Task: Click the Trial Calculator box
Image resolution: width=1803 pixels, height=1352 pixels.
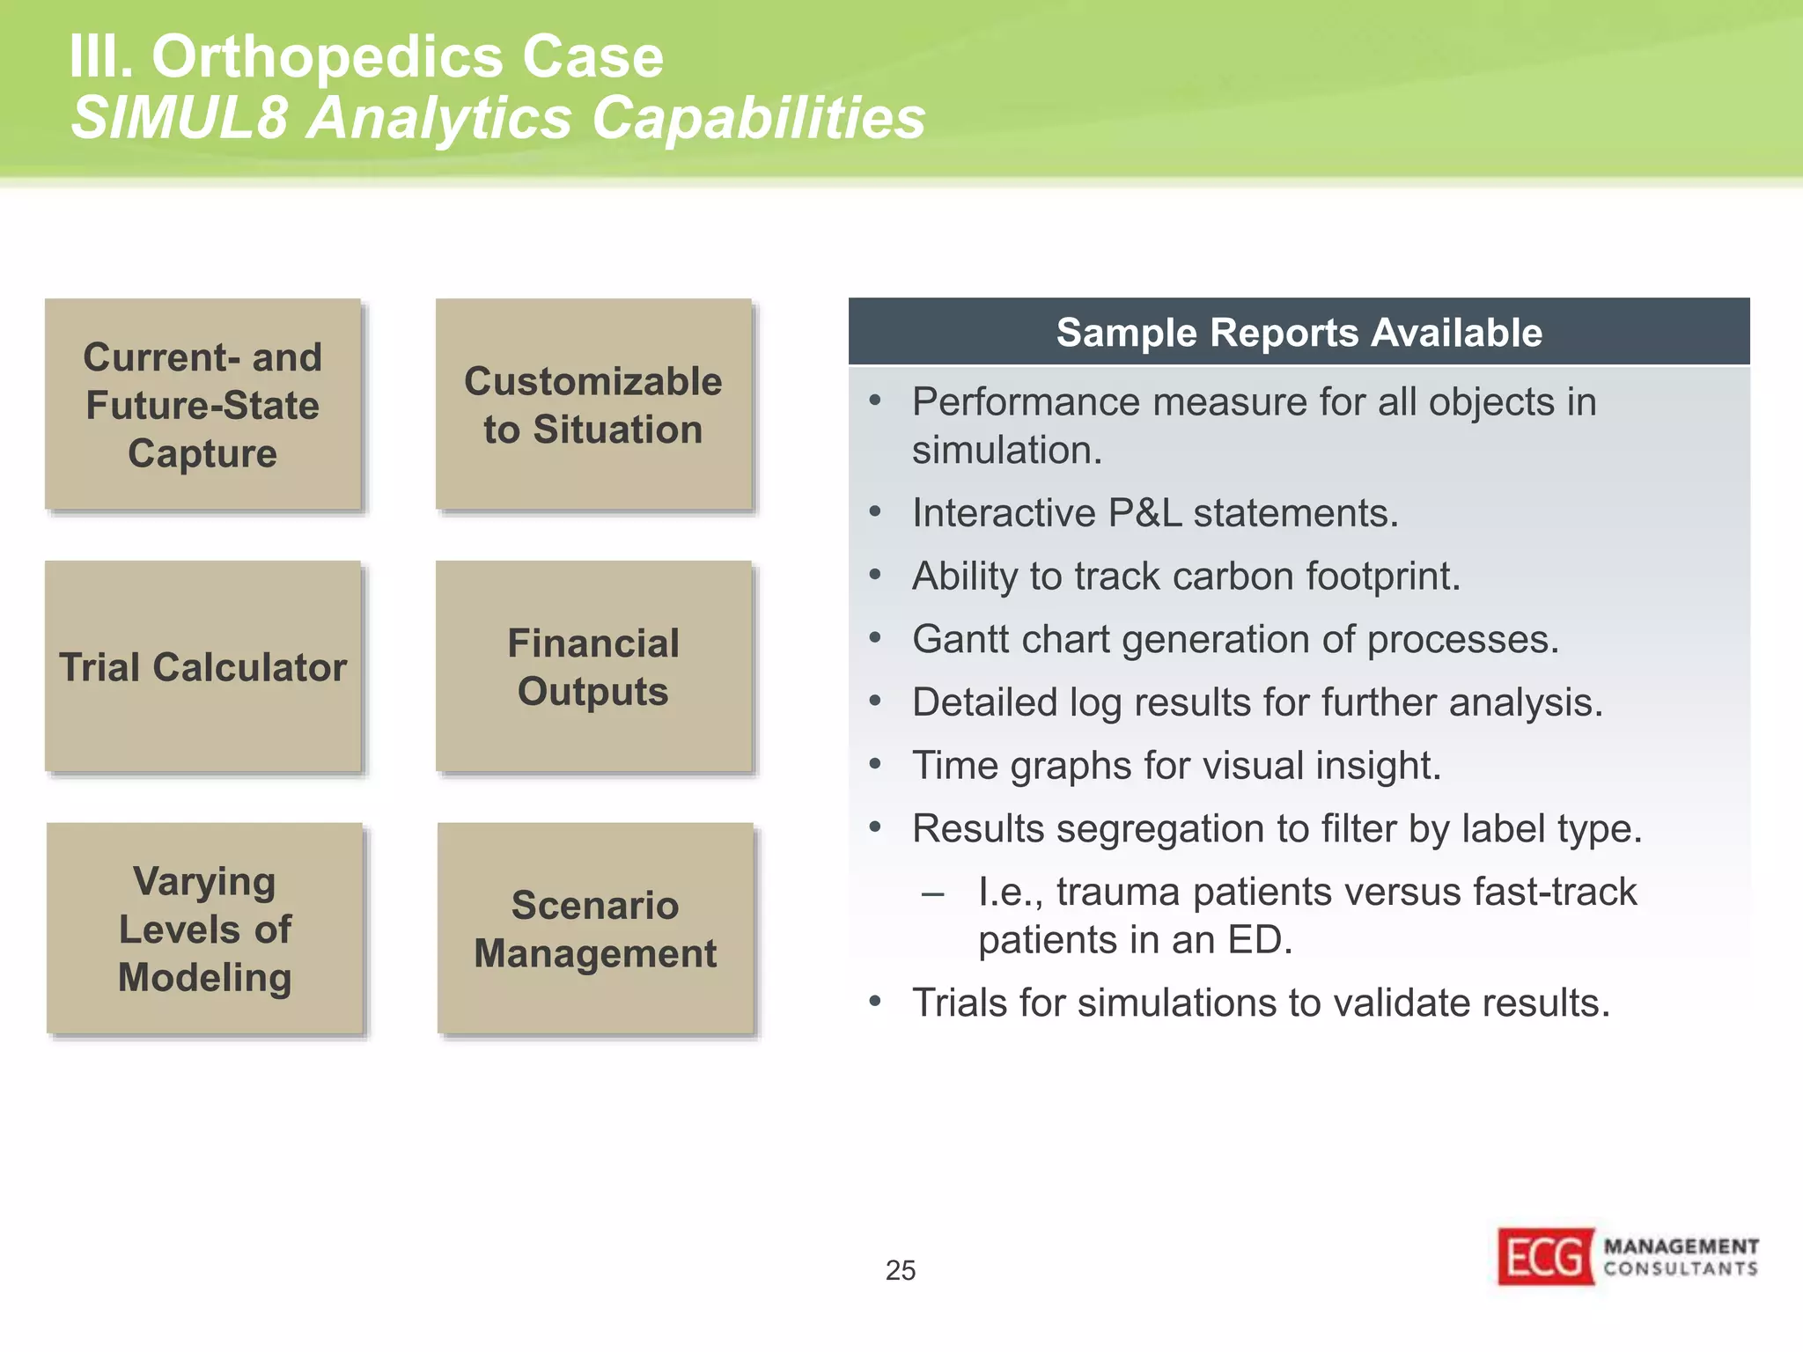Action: tap(203, 666)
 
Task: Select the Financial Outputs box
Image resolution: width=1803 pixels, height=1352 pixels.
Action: tap(593, 666)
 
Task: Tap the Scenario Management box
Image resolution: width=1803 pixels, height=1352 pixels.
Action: tap(595, 929)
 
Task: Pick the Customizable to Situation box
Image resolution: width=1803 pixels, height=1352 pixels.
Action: tap(593, 404)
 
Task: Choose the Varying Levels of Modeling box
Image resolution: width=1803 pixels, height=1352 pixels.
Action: tap(204, 929)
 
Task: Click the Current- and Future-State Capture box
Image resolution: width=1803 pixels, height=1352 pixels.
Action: tap(203, 404)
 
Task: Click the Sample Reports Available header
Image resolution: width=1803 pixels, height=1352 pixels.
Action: tap(1299, 333)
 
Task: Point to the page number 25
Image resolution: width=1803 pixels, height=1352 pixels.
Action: tap(900, 1270)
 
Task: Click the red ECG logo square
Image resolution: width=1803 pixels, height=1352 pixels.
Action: tap(1546, 1257)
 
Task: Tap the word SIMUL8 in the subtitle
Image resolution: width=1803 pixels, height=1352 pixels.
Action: tap(180, 118)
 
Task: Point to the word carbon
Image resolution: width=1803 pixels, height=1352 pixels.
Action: tap(1233, 577)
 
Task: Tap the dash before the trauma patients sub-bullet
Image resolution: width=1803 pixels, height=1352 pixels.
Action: tap(932, 893)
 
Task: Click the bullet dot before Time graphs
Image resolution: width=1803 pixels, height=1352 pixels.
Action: tap(874, 764)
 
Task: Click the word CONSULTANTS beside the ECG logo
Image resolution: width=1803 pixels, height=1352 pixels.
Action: tap(1680, 1268)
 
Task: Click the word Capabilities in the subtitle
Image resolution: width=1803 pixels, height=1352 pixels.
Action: tap(758, 118)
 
